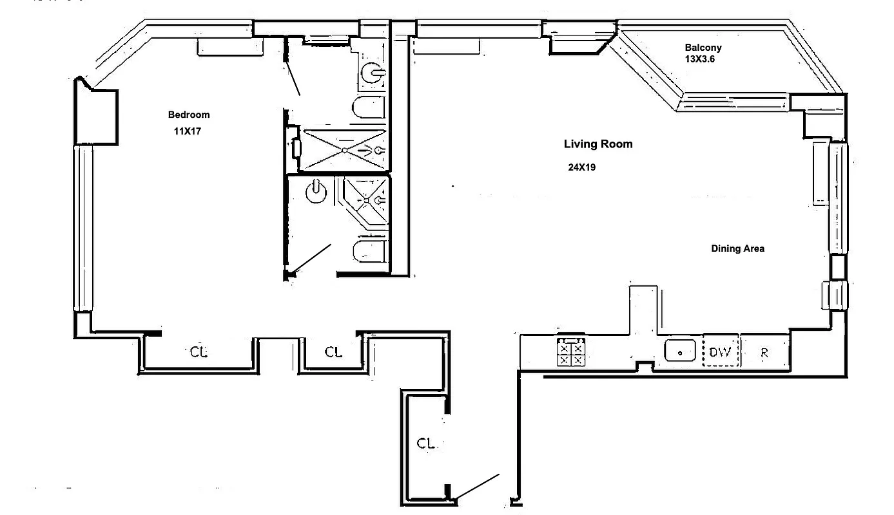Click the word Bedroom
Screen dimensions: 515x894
coord(189,115)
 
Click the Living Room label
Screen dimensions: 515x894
coord(598,144)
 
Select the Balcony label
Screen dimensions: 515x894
coord(703,48)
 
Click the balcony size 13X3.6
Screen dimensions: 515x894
coord(700,59)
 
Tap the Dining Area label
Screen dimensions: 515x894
coord(737,248)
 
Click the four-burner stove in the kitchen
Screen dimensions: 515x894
coord(571,352)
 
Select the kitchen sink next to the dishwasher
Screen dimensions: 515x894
coord(680,351)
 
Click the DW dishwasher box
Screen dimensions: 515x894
coord(720,352)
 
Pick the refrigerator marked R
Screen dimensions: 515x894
coord(764,353)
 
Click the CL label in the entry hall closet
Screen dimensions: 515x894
coord(425,443)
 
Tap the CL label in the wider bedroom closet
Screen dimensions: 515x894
coord(199,352)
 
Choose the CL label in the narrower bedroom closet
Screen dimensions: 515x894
coord(333,352)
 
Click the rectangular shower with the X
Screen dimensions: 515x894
coord(345,150)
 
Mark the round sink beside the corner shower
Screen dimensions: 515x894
coord(316,192)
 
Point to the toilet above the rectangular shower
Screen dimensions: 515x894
coord(369,108)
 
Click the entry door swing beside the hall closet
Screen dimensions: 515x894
coord(477,487)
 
